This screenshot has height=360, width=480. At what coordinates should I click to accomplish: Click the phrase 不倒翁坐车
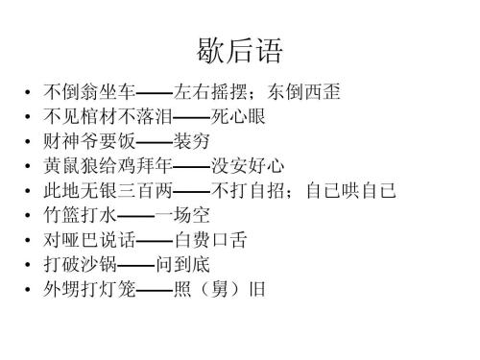click(x=89, y=94)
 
